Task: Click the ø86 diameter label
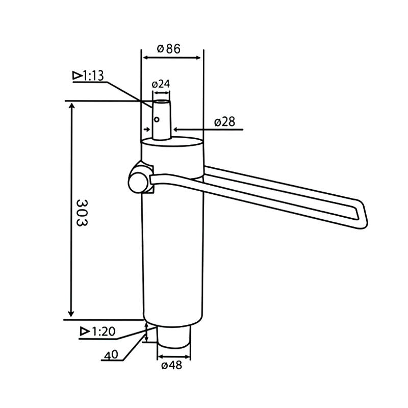coord(169,49)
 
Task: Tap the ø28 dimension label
coord(224,122)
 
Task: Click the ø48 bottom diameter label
coord(171,365)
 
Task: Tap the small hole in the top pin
coord(158,119)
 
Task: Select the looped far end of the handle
coord(359,214)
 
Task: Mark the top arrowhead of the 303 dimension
coord(71,106)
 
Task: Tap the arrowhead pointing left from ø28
coord(176,129)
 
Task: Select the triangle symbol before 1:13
coord(78,75)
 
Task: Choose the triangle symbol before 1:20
coord(85,331)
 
